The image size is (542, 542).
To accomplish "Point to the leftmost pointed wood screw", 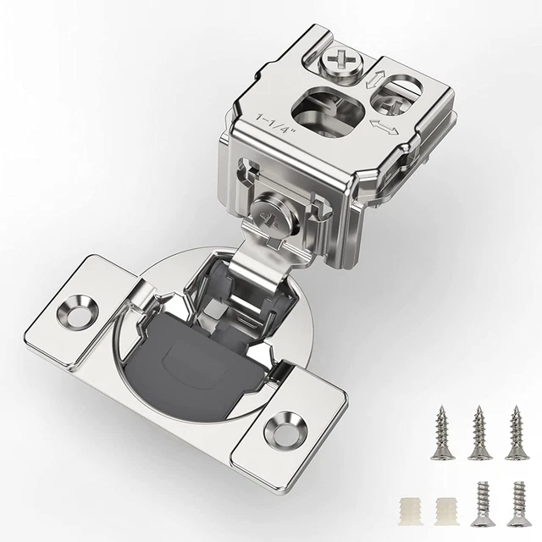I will [x=441, y=432].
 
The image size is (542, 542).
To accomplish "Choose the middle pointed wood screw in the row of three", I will [x=479, y=432].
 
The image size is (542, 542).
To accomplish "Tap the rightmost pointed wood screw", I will [x=517, y=432].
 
